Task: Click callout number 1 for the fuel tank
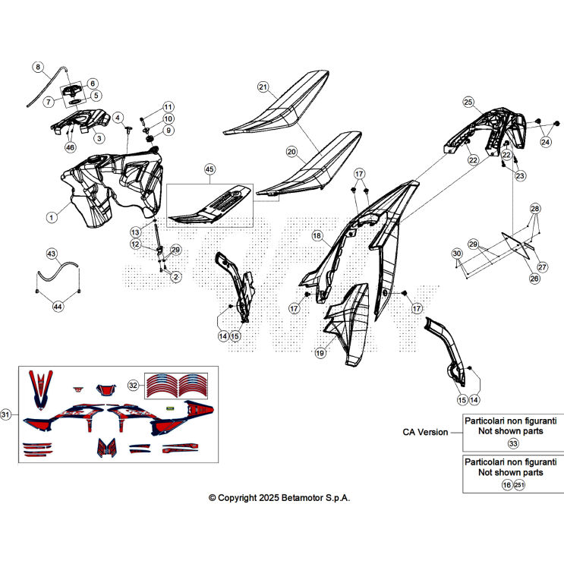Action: [52, 217]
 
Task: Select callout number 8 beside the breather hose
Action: [38, 67]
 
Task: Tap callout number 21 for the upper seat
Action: [263, 87]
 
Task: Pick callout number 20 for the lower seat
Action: [291, 152]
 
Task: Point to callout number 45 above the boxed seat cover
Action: [210, 169]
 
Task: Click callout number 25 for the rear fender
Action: [468, 102]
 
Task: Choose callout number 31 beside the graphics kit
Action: [5, 414]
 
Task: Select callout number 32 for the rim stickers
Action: [133, 385]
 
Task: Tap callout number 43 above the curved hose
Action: [52, 254]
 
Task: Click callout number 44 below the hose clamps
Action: [58, 307]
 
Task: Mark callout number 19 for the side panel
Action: [320, 353]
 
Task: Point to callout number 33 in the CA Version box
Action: [513, 443]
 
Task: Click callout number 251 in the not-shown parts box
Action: [519, 485]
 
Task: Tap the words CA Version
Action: [425, 432]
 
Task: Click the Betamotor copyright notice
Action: [279, 498]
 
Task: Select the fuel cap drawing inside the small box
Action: [72, 90]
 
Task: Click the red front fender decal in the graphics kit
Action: [40, 389]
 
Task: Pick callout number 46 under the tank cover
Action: [70, 147]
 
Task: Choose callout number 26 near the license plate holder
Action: [534, 279]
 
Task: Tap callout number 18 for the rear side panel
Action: [317, 235]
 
